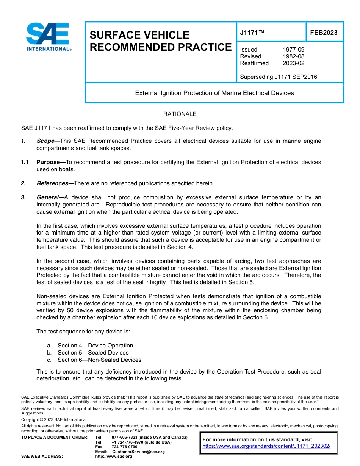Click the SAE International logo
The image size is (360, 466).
pos(48,37)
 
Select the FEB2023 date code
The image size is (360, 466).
pos(324,33)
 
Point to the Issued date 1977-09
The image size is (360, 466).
pos(293,50)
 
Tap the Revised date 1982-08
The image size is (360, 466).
pos(293,56)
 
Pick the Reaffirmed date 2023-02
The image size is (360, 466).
pos(293,63)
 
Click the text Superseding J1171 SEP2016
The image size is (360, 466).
pos(279,77)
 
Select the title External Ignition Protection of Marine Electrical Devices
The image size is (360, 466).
pos(214,93)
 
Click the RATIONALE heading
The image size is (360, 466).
pos(180,114)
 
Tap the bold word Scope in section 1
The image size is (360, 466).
pos(45,141)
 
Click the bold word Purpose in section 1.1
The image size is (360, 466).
pos(49,162)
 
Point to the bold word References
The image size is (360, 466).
pos(52,183)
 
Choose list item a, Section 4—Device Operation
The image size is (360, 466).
pos(95,346)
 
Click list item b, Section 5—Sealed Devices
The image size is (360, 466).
pos(93,353)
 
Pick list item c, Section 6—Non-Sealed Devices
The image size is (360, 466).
pos(99,360)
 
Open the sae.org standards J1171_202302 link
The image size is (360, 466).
pos(266,446)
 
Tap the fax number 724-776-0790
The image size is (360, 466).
pos(124,447)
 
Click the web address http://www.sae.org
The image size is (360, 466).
pos(114,457)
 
